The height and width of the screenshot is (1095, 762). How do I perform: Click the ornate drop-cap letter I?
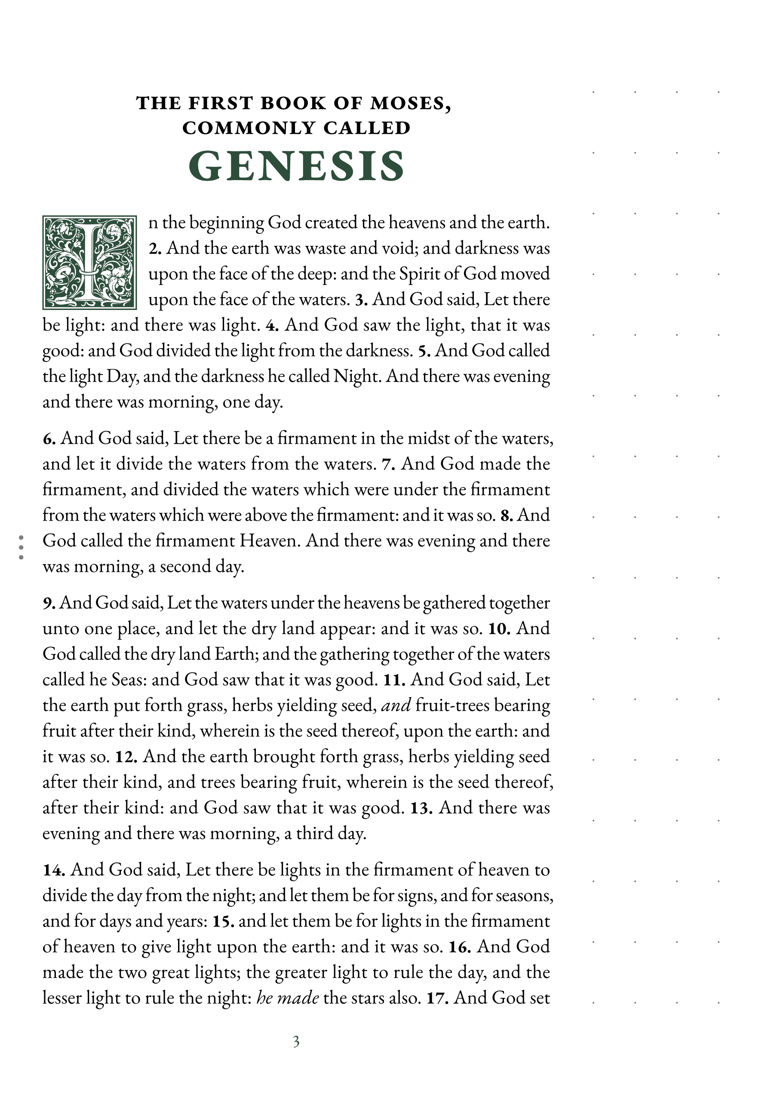pos(89,262)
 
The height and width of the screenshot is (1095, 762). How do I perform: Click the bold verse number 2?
pos(155,248)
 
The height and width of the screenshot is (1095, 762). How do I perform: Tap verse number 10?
pos(499,629)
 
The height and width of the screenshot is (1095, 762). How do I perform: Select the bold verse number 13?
pos(421,808)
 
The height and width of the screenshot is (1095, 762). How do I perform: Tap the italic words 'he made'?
pos(287,998)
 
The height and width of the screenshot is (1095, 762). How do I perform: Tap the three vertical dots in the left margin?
pos(21,547)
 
